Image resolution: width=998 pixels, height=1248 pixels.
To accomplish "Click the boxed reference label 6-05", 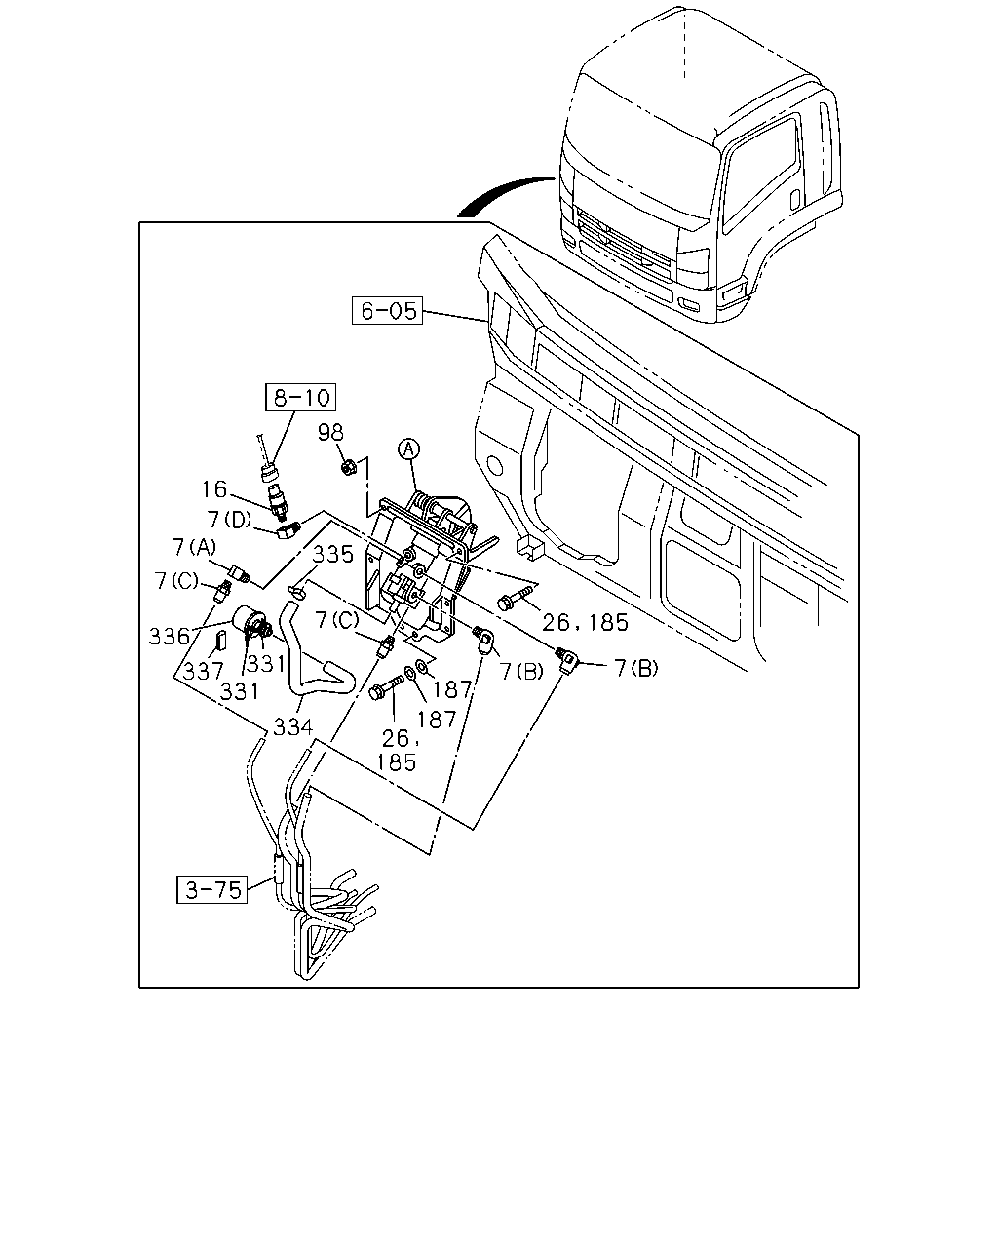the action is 387,310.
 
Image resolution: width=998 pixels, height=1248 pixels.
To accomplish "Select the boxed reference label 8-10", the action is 300,397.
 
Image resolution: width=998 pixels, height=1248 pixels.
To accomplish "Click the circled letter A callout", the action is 408,448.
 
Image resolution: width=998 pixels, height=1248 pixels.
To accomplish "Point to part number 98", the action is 331,432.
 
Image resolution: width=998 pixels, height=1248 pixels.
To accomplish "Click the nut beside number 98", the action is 348,467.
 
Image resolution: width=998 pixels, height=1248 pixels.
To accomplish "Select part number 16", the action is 214,489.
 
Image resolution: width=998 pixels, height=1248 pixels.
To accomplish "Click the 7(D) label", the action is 230,519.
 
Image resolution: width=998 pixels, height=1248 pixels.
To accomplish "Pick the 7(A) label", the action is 194,547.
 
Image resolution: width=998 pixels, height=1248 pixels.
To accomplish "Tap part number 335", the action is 333,555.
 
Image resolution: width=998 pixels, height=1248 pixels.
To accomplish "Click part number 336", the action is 169,636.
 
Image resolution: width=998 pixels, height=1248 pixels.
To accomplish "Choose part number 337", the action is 203,671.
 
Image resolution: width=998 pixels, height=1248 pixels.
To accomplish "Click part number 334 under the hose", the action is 292,726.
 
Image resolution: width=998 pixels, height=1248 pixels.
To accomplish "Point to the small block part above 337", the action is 221,642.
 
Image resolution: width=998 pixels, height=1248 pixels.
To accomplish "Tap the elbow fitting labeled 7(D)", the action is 288,529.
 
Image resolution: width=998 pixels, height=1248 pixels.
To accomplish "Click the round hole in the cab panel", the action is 495,465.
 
